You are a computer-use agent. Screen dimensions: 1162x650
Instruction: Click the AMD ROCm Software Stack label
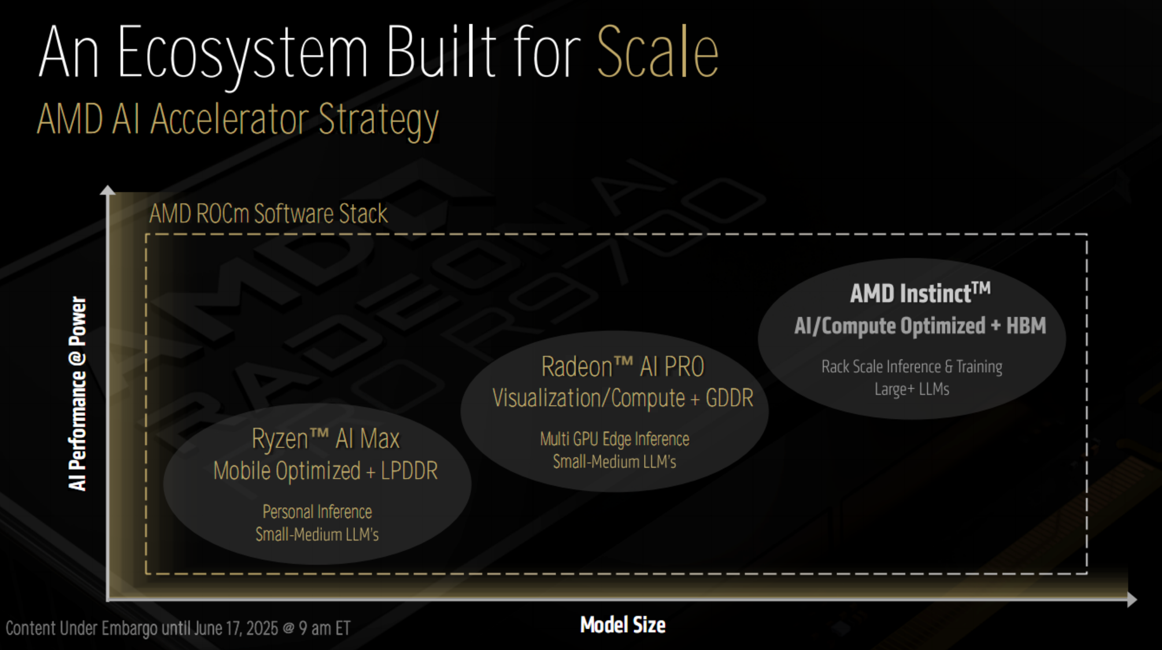pos(268,214)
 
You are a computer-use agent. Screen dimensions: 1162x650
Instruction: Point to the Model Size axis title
pos(623,625)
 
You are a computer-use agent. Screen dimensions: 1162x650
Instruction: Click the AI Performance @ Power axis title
pos(77,393)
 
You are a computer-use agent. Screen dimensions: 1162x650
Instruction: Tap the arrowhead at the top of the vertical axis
pos(108,190)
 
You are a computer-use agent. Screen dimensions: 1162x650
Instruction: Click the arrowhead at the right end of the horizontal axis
pos(1133,600)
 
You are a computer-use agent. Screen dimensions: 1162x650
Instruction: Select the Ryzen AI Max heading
pos(325,439)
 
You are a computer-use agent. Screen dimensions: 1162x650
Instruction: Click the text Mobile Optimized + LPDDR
pos(325,471)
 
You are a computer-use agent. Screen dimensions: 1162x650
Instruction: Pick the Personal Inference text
pos(317,512)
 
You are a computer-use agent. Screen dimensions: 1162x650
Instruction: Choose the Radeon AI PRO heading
pos(623,366)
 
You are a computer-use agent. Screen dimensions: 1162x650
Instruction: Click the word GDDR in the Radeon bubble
pos(730,398)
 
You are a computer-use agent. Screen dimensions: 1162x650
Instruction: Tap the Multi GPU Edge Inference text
pos(615,439)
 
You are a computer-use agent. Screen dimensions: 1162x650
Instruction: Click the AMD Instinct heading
pos(920,292)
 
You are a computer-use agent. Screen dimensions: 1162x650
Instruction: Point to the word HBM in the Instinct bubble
pos(1026,325)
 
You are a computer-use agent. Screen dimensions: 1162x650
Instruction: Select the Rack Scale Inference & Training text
pos(912,366)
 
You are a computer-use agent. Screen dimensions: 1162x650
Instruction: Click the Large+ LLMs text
pos(912,389)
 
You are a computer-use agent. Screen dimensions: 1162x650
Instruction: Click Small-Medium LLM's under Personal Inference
pos(317,534)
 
